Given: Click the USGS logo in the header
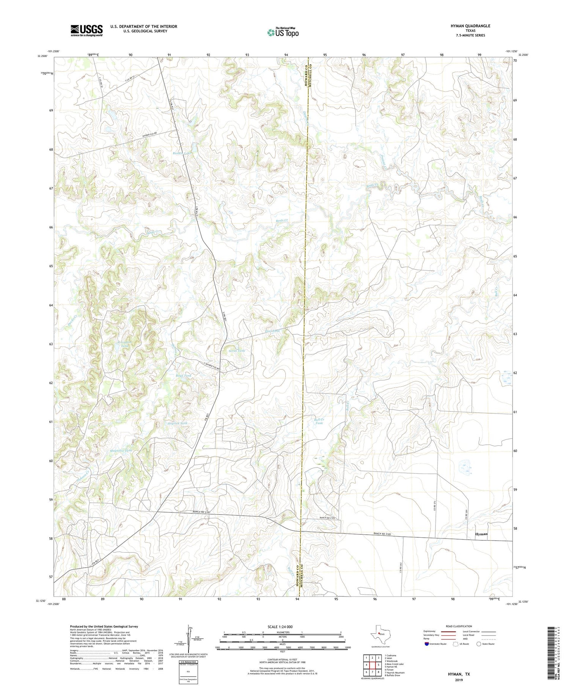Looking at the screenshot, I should pos(86,30).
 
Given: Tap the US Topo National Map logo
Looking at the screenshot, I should pos(283,32).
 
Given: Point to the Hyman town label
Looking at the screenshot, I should pos(481,534).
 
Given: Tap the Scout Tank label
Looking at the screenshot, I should pos(236,351).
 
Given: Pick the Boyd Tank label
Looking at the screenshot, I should pos(183,375).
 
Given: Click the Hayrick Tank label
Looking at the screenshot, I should pos(177,423).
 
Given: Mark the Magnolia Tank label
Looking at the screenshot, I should pos(121,450).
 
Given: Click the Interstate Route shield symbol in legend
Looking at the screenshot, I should pos(426,644).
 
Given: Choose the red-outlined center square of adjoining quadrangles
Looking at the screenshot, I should pos(373,665).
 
